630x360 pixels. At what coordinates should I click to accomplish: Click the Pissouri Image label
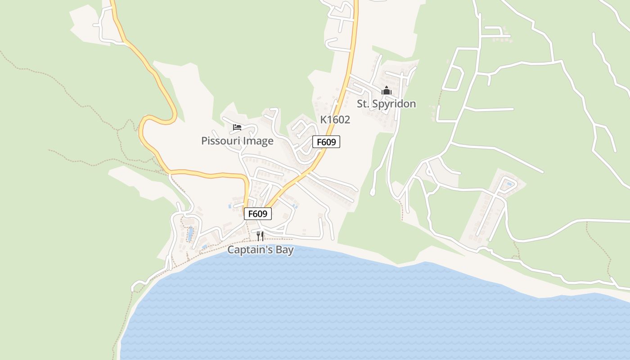[237, 141]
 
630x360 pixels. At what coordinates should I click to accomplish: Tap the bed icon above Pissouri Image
[237, 127]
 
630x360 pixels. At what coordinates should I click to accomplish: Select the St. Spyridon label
[386, 104]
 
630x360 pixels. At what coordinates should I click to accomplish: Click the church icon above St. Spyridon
[386, 91]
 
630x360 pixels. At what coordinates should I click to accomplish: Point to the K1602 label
[335, 120]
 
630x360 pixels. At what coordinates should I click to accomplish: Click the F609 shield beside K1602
[326, 142]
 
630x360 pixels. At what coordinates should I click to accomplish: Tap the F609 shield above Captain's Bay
[258, 214]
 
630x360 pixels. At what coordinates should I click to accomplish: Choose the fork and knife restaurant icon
[260, 236]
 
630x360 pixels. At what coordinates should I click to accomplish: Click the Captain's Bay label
[260, 250]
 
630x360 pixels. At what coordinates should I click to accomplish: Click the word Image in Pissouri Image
[258, 141]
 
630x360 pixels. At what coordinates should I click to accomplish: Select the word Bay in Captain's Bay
[284, 250]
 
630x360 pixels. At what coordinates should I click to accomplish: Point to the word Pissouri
[220, 141]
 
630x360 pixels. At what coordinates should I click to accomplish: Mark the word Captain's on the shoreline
[250, 250]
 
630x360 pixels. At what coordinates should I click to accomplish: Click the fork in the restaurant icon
[258, 236]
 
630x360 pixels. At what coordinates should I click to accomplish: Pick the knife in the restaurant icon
[262, 236]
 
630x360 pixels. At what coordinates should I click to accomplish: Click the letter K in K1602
[323, 120]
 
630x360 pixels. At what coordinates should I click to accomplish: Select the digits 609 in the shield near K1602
[329, 142]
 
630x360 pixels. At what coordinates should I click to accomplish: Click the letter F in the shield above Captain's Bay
[251, 214]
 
